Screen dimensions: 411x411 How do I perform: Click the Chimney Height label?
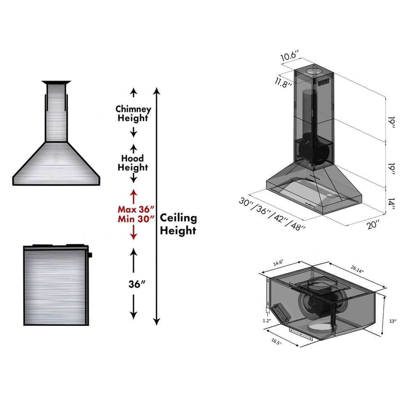(133, 114)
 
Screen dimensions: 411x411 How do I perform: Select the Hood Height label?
(133, 163)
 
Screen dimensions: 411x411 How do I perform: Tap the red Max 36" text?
(136, 209)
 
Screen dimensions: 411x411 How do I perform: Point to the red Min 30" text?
(136, 219)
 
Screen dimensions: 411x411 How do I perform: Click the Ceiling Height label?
(178, 224)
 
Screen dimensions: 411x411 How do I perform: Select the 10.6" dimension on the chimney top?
(289, 56)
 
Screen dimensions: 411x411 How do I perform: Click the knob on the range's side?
(90, 254)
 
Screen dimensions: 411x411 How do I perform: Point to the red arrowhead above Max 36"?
(133, 192)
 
